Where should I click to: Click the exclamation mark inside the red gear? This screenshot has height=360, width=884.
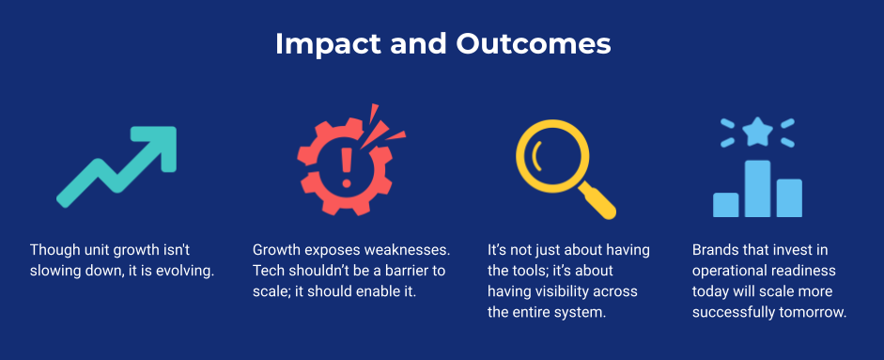pyautogui.click(x=347, y=165)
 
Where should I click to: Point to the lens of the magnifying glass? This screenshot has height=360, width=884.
pyautogui.click(x=552, y=156)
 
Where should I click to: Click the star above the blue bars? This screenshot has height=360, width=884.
pyautogui.click(x=757, y=132)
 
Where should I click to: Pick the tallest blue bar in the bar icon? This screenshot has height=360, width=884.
pyautogui.click(x=757, y=189)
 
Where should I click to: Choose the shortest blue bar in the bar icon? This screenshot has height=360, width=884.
pyautogui.click(x=725, y=205)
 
